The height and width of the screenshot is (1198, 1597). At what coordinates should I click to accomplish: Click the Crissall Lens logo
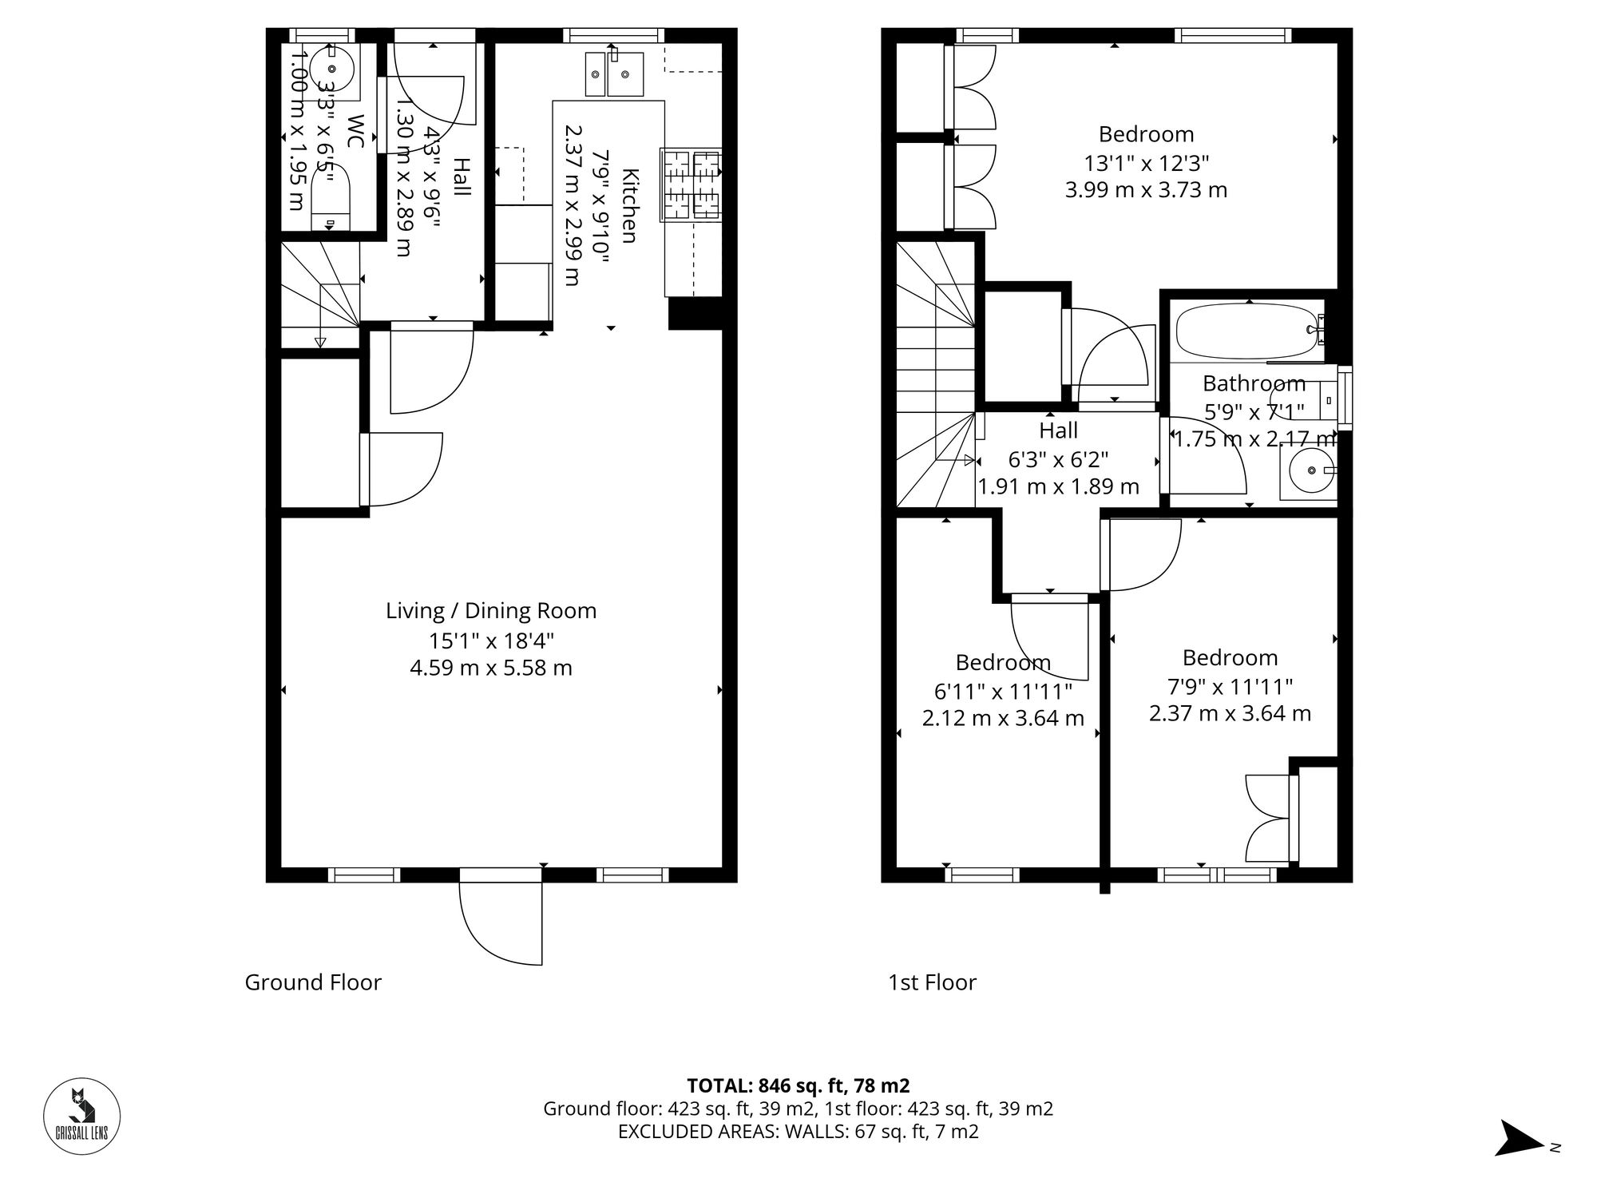[x=81, y=1117]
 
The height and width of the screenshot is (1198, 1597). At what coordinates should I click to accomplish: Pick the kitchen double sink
[x=614, y=74]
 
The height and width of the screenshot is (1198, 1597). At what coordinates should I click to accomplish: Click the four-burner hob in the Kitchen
[x=691, y=185]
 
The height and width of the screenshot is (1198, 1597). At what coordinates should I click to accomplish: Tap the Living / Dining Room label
[x=491, y=611]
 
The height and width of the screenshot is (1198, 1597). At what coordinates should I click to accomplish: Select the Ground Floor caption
[x=313, y=982]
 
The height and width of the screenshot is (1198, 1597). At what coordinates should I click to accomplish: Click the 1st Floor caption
[x=932, y=982]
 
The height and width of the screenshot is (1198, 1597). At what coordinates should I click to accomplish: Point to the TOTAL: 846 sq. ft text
[x=798, y=1085]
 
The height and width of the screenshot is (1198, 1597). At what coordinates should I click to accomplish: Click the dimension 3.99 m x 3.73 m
[x=1146, y=190]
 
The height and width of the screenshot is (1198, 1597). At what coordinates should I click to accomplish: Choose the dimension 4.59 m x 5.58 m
[x=491, y=668]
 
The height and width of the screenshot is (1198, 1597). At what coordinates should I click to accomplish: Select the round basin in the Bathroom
[x=1308, y=471]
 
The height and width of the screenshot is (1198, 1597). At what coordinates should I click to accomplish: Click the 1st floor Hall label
[x=1059, y=431]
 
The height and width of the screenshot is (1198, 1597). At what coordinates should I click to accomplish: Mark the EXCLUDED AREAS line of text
[x=798, y=1132]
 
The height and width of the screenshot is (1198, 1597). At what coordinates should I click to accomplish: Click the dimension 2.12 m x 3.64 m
[x=1003, y=719]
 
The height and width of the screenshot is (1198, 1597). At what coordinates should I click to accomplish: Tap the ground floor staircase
[x=319, y=296]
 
